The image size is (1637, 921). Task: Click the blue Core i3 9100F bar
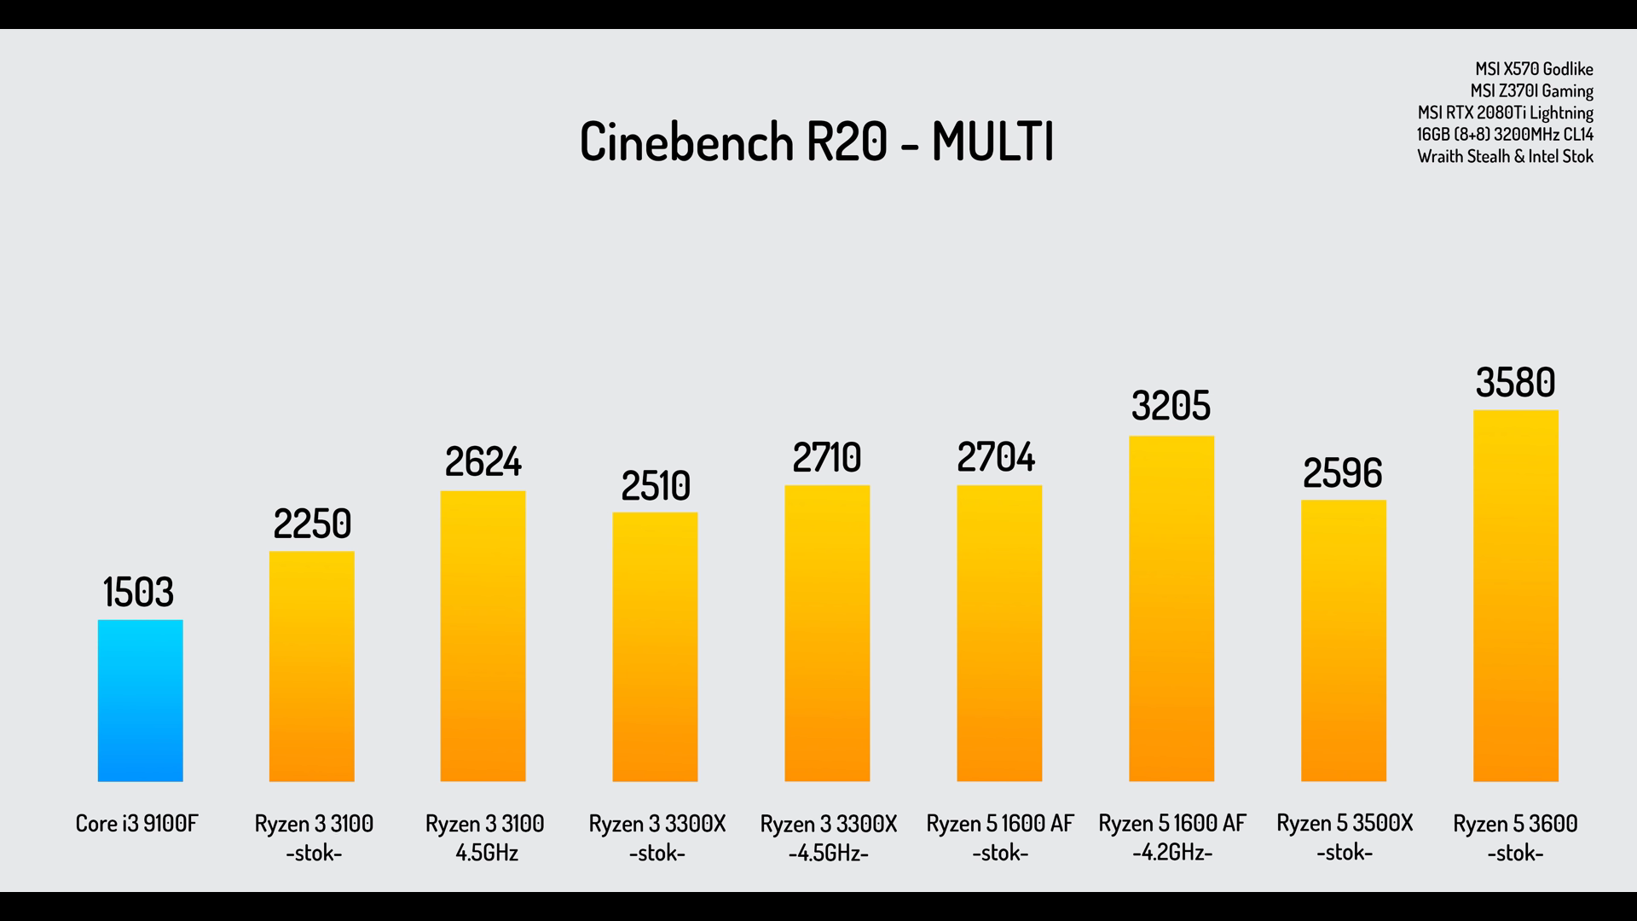pos(140,700)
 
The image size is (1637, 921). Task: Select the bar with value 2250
pos(311,666)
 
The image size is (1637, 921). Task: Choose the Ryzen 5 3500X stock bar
pos(1343,640)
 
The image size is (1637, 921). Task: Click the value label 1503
pos(138,592)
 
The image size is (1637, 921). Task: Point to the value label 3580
pos(1515,382)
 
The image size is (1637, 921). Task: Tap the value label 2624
pos(483,462)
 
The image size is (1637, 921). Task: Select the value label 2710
pos(826,458)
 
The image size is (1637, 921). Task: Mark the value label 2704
pos(996,458)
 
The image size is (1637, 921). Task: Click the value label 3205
pos(1171,406)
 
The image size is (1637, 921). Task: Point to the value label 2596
pos(1342,473)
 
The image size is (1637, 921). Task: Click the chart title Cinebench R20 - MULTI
pos(817,142)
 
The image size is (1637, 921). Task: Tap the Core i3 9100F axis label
pos(136,824)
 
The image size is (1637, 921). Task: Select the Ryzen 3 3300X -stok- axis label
pos(657,837)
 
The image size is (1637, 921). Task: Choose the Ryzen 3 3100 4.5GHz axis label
pos(484,837)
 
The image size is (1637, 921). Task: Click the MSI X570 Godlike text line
pos(1534,69)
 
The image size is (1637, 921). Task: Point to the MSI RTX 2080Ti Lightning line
pos(1505,113)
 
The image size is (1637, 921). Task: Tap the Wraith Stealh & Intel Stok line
pos(1505,157)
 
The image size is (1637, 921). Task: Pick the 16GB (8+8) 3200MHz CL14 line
pos(1505,135)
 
